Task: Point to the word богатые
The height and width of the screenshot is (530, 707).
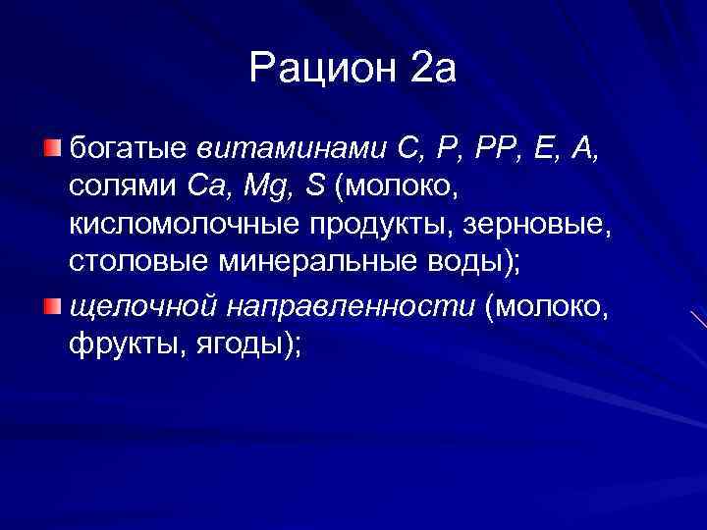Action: click(x=130, y=149)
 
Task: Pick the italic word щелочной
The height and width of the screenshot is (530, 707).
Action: click(x=143, y=306)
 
